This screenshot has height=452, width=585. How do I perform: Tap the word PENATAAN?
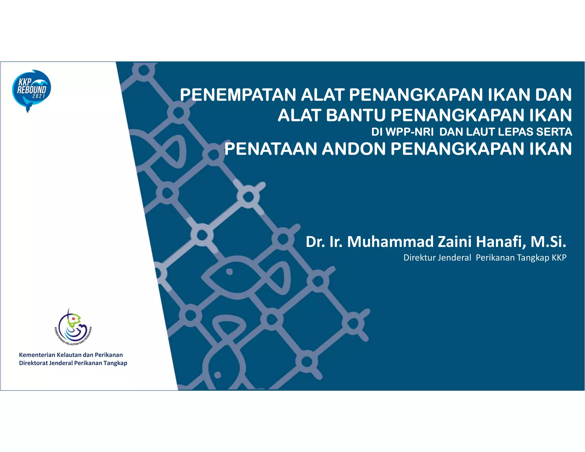click(x=271, y=149)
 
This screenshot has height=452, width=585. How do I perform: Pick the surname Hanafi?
click(x=501, y=242)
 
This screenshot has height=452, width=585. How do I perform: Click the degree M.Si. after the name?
click(x=548, y=242)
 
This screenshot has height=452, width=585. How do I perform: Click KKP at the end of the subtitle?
click(x=559, y=258)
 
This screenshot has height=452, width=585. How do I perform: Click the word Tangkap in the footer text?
click(x=115, y=363)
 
